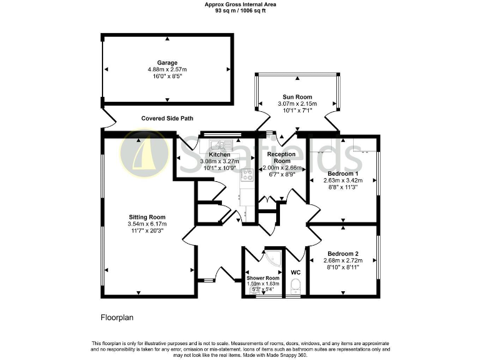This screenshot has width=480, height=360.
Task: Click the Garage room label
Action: tap(167, 62)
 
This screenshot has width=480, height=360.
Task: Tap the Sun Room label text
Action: tap(297, 97)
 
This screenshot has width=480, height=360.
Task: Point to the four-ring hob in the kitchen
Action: tap(247, 175)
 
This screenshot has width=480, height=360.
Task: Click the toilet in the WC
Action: tap(296, 288)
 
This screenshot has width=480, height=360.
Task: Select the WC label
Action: tap(296, 272)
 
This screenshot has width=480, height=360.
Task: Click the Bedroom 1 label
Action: tap(342, 174)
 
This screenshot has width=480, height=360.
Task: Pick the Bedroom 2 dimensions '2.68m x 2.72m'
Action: tap(342, 261)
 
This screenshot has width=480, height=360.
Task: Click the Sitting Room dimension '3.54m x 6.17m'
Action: tap(147, 224)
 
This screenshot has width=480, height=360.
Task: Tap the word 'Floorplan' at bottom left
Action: tap(117, 317)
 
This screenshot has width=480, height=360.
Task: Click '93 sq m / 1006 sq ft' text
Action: tap(240, 11)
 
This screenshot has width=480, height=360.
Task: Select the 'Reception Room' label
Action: tap(281, 157)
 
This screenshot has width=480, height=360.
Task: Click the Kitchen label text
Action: tap(220, 154)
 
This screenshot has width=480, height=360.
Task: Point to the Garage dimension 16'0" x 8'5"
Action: tap(167, 76)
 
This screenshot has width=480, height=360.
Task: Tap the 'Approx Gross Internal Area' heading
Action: tap(240, 4)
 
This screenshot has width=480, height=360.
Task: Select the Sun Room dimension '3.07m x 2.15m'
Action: tap(297, 104)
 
